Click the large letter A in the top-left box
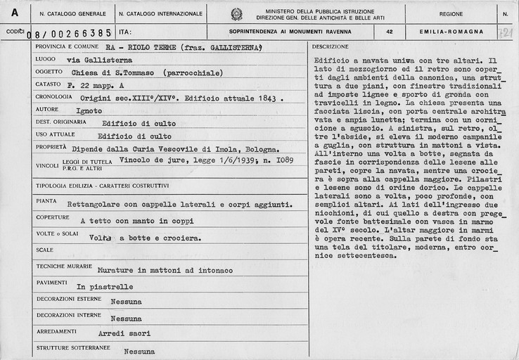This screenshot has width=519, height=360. point(15,13)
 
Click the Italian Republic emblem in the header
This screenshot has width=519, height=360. point(236,13)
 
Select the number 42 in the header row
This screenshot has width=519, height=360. point(390,32)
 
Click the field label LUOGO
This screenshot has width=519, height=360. point(46,60)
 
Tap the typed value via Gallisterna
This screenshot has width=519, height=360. point(99,60)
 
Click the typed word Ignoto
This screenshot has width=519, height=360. point(89,111)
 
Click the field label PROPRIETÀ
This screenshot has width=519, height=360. point(53,148)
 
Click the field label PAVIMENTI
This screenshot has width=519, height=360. point(52,281)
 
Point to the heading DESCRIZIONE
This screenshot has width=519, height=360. point(331,46)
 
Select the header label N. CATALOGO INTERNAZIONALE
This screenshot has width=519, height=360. point(160,13)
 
